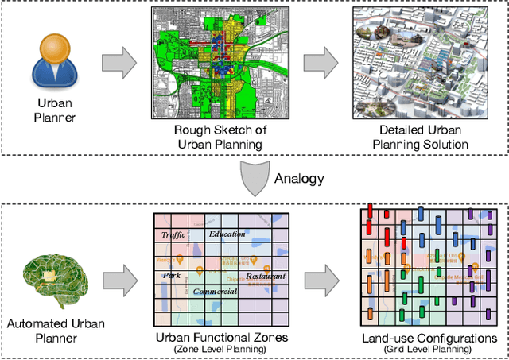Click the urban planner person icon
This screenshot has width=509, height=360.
(x=55, y=63)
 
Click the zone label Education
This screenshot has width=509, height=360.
(x=227, y=234)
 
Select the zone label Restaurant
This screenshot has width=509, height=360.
(x=265, y=276)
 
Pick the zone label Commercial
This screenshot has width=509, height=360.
(x=215, y=292)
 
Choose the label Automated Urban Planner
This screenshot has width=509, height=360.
(x=54, y=331)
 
